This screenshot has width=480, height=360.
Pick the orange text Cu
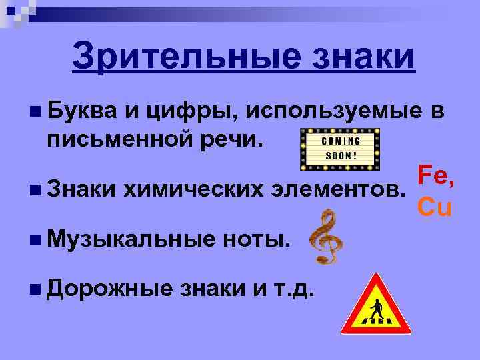click(x=435, y=207)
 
